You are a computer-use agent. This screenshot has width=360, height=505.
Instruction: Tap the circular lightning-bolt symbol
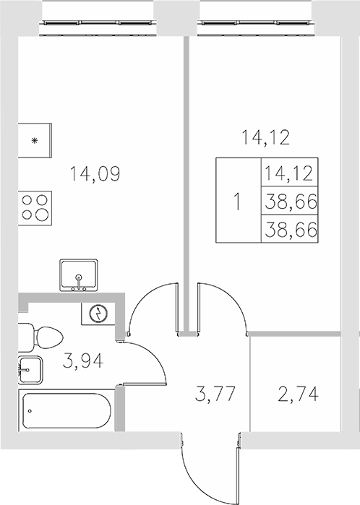tap(96, 313)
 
